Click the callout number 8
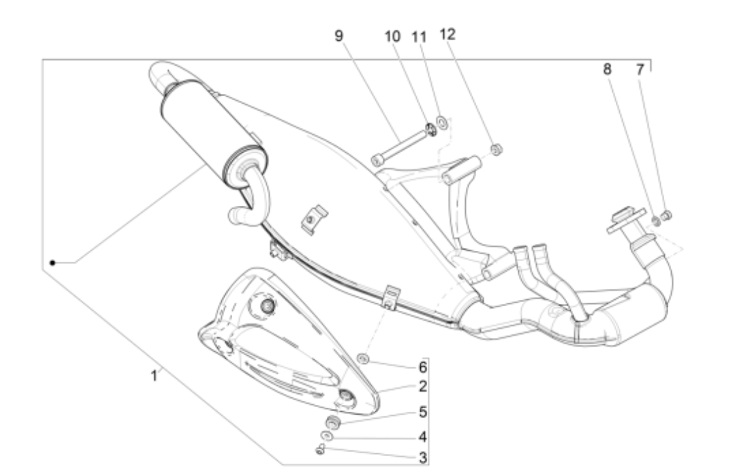coord(607,69)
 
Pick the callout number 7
coord(641,69)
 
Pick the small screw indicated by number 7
coord(667,217)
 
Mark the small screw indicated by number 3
coord(320,450)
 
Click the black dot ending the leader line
coord(52,263)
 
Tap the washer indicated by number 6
coord(363,358)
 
